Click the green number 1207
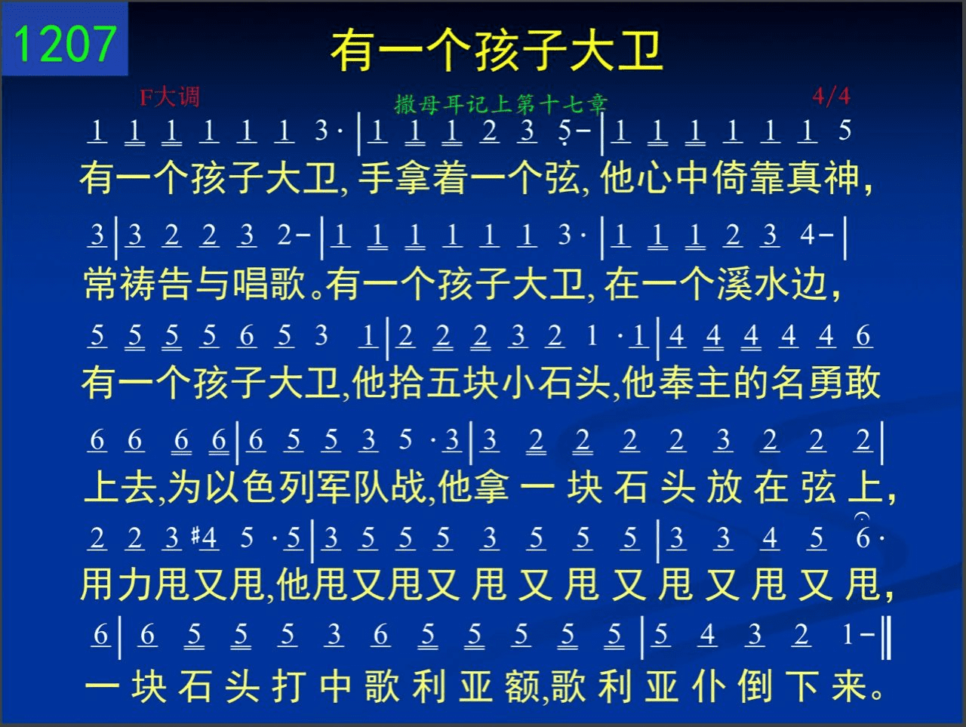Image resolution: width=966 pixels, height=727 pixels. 65,44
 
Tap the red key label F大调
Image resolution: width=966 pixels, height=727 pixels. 170,97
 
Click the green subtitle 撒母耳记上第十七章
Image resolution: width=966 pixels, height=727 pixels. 501,104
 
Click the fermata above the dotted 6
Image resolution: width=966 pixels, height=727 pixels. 861,516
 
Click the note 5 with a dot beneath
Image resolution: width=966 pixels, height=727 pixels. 565,132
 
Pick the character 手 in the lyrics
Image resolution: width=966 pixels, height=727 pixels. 375,179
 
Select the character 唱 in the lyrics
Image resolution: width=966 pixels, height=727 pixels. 250,284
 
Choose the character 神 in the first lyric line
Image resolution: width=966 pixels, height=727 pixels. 843,179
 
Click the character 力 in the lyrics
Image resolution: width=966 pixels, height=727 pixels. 135,585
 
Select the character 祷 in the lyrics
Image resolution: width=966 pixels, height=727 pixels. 137,284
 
